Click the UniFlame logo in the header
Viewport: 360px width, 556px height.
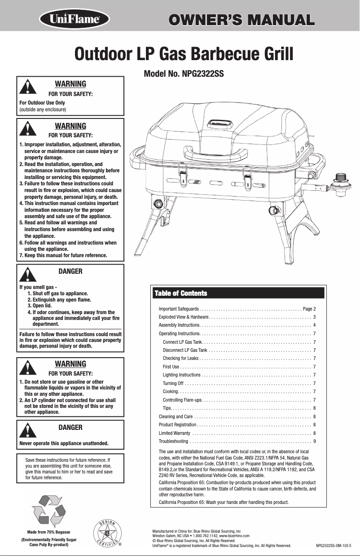[x=75, y=20]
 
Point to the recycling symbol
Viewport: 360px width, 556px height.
[x=49, y=510]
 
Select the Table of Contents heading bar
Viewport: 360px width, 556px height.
[x=237, y=293]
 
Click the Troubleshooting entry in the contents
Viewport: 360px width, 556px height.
[x=174, y=442]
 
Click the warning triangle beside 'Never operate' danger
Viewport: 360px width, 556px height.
[x=27, y=430]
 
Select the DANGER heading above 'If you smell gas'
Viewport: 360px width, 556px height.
[x=70, y=271]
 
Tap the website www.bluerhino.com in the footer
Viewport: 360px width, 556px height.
[x=234, y=536]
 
